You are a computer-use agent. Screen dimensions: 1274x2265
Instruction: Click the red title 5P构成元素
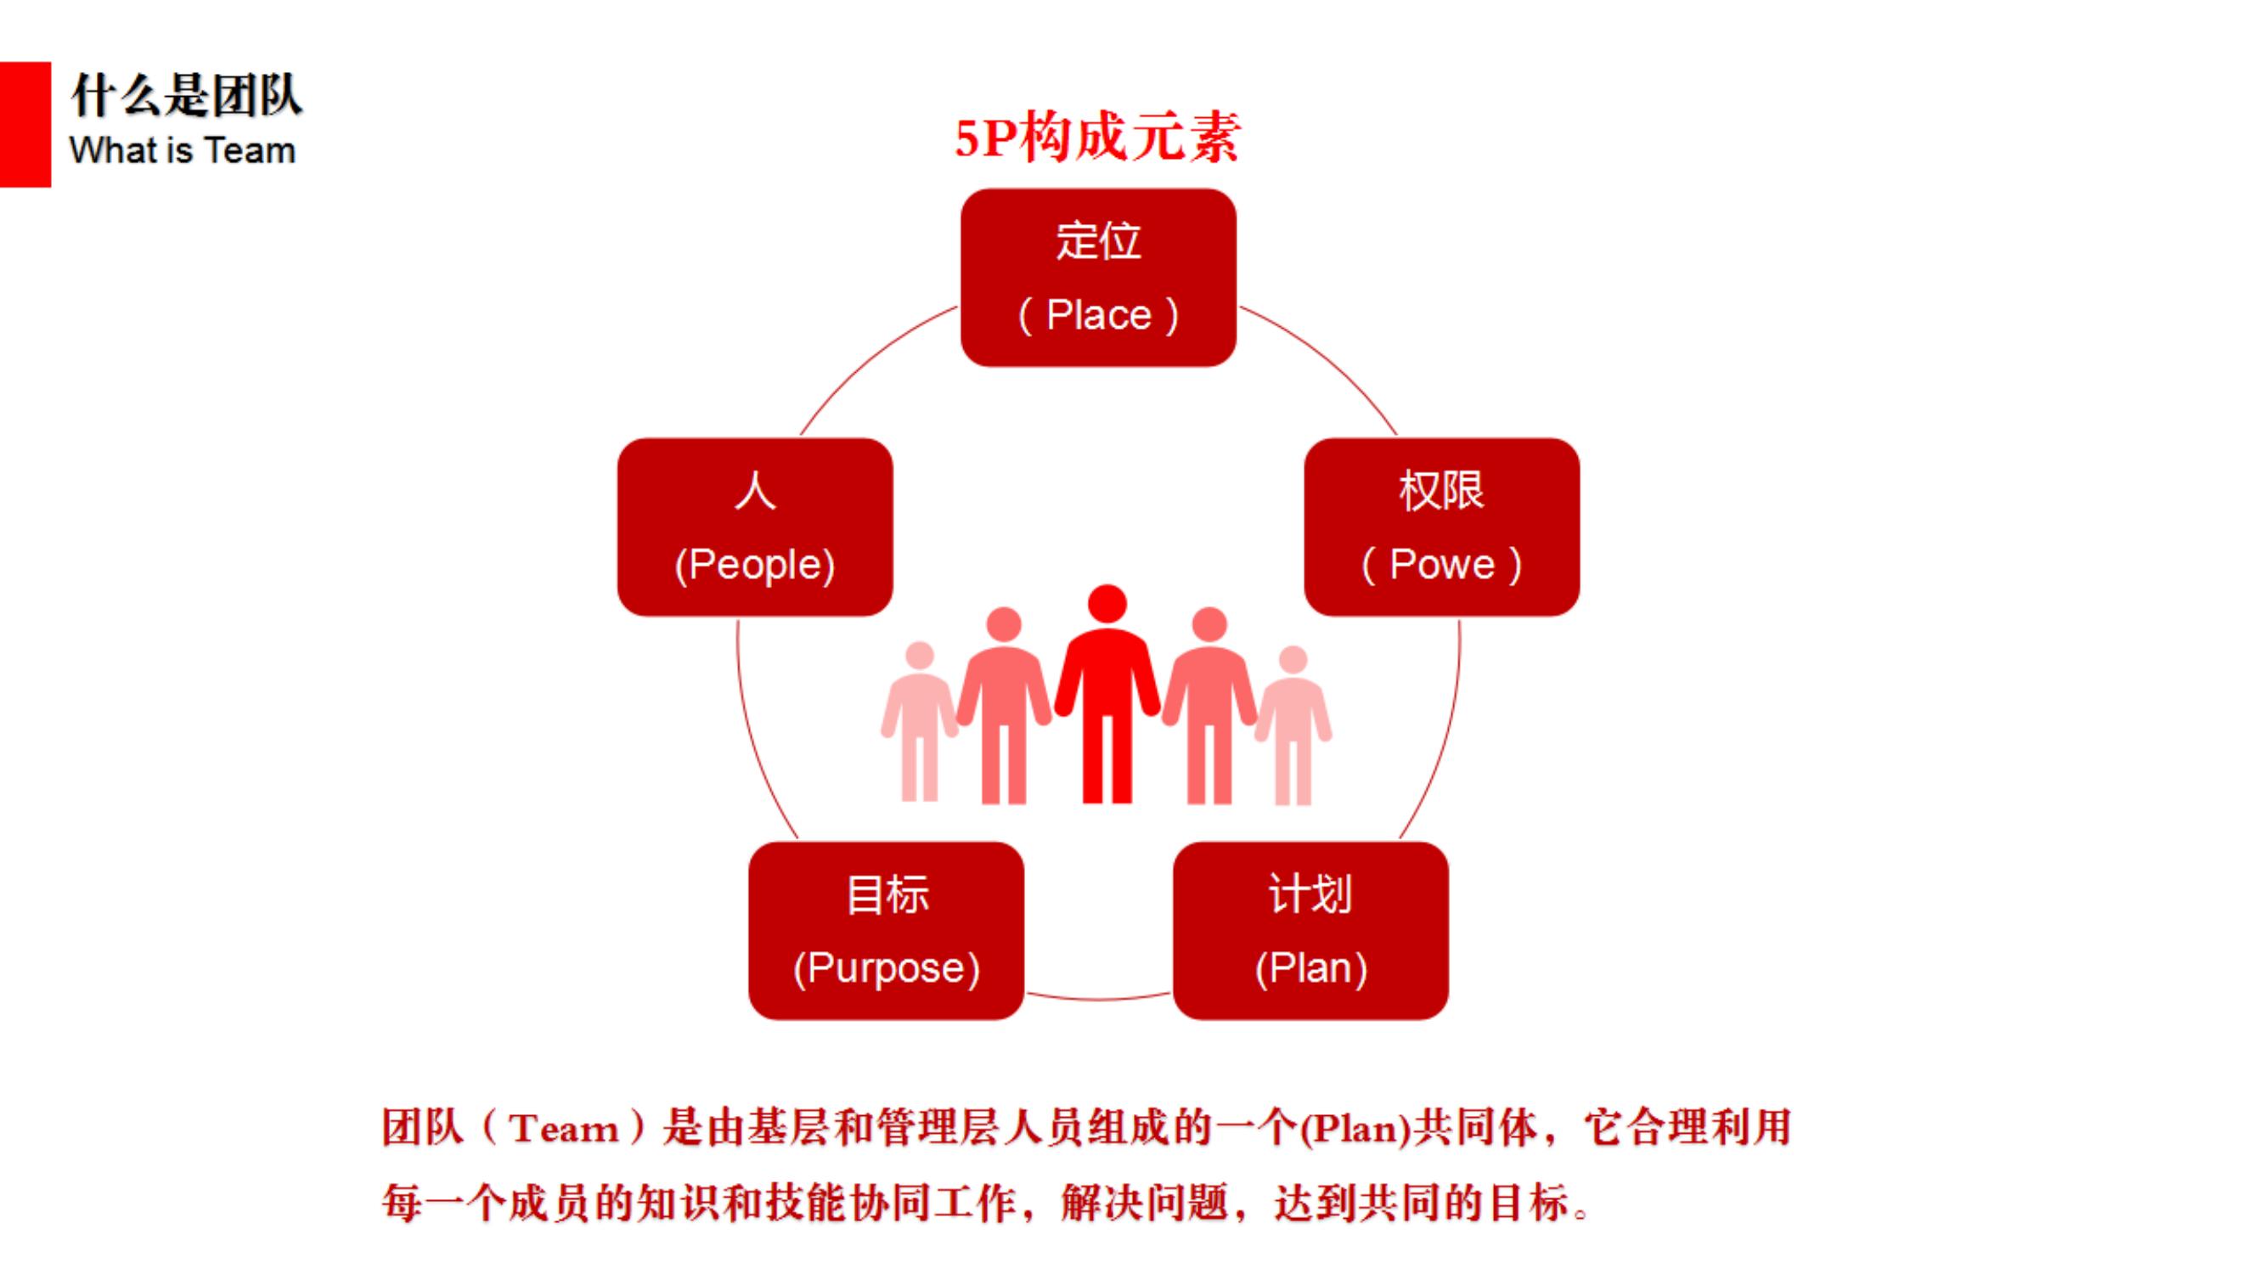coord(1097,139)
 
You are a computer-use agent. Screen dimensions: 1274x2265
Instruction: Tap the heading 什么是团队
coord(186,95)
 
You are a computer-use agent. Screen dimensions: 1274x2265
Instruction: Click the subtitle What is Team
coord(182,150)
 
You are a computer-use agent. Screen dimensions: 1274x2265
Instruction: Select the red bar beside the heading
coord(25,124)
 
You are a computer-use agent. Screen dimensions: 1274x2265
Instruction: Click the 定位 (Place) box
coord(1098,277)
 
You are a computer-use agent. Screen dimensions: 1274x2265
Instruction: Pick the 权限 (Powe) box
coord(1441,527)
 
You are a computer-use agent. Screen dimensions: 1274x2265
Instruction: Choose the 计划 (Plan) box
coord(1310,930)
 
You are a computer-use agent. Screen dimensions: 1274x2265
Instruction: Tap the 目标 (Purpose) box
coord(887,930)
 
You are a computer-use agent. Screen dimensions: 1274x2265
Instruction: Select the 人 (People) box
coord(754,527)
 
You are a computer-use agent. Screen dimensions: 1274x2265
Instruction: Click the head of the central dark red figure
coord(1107,603)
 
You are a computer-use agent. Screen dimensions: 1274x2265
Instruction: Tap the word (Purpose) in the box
coord(887,968)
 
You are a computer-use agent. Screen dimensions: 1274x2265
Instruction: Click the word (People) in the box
coord(754,565)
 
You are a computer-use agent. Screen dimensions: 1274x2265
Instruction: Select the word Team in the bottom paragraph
coord(563,1128)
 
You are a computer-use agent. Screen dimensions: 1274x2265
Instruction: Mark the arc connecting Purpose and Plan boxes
coord(1098,998)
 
